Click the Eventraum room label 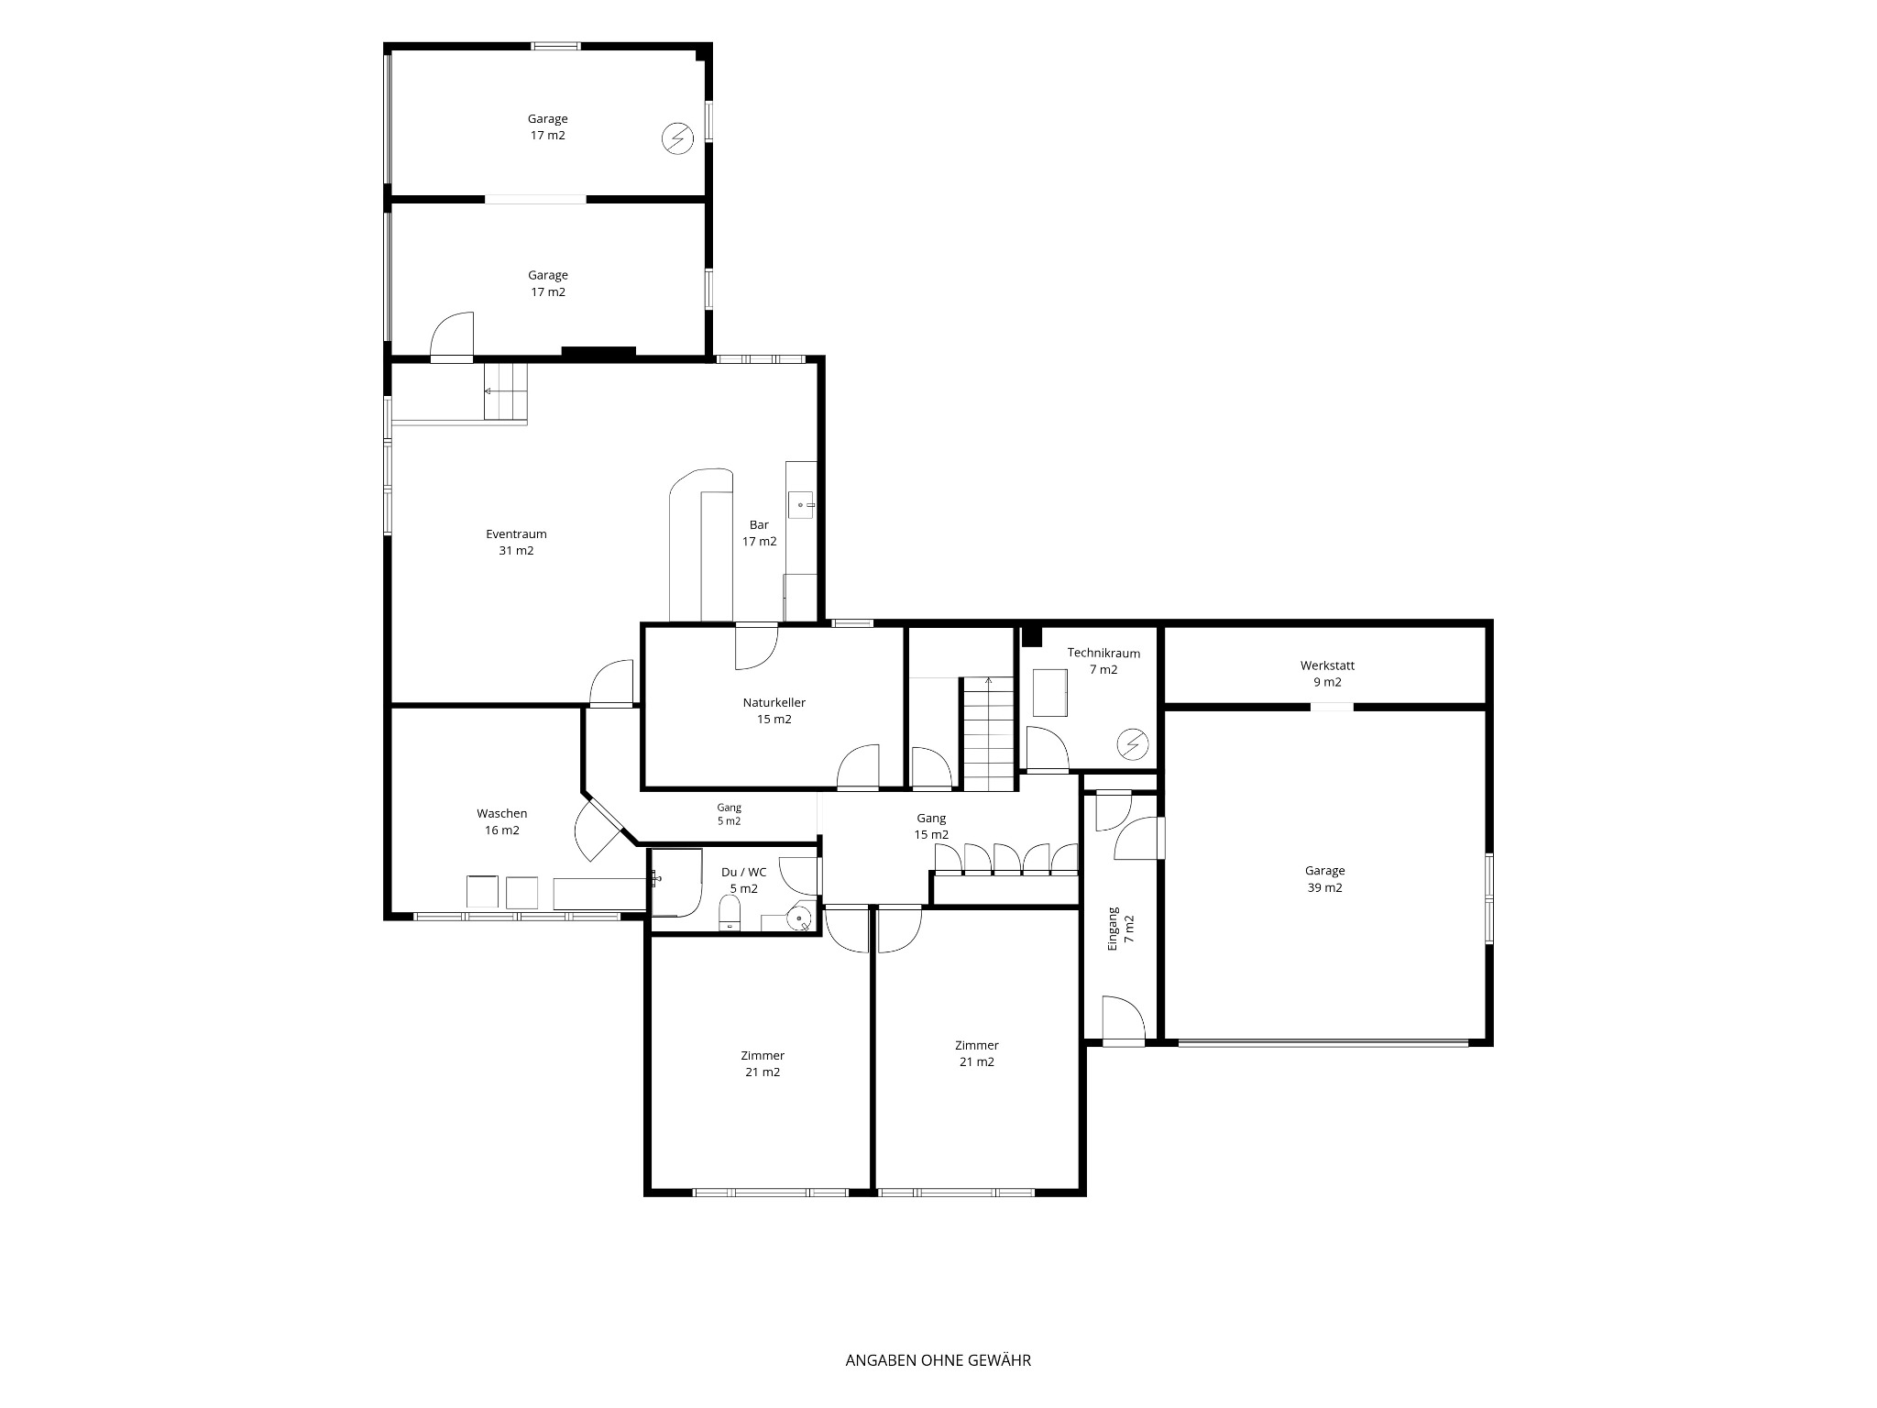516,533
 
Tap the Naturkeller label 774,702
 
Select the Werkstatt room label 1327,665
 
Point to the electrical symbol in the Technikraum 1135,744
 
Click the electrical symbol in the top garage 678,139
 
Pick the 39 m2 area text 1325,887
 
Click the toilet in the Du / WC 730,913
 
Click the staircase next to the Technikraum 988,733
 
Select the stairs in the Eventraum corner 507,391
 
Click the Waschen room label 502,813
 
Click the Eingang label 1114,928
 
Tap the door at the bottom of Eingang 1123,1021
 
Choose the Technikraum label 1103,653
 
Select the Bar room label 759,524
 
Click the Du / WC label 744,872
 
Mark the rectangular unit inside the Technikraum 1051,693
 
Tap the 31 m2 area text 516,550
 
